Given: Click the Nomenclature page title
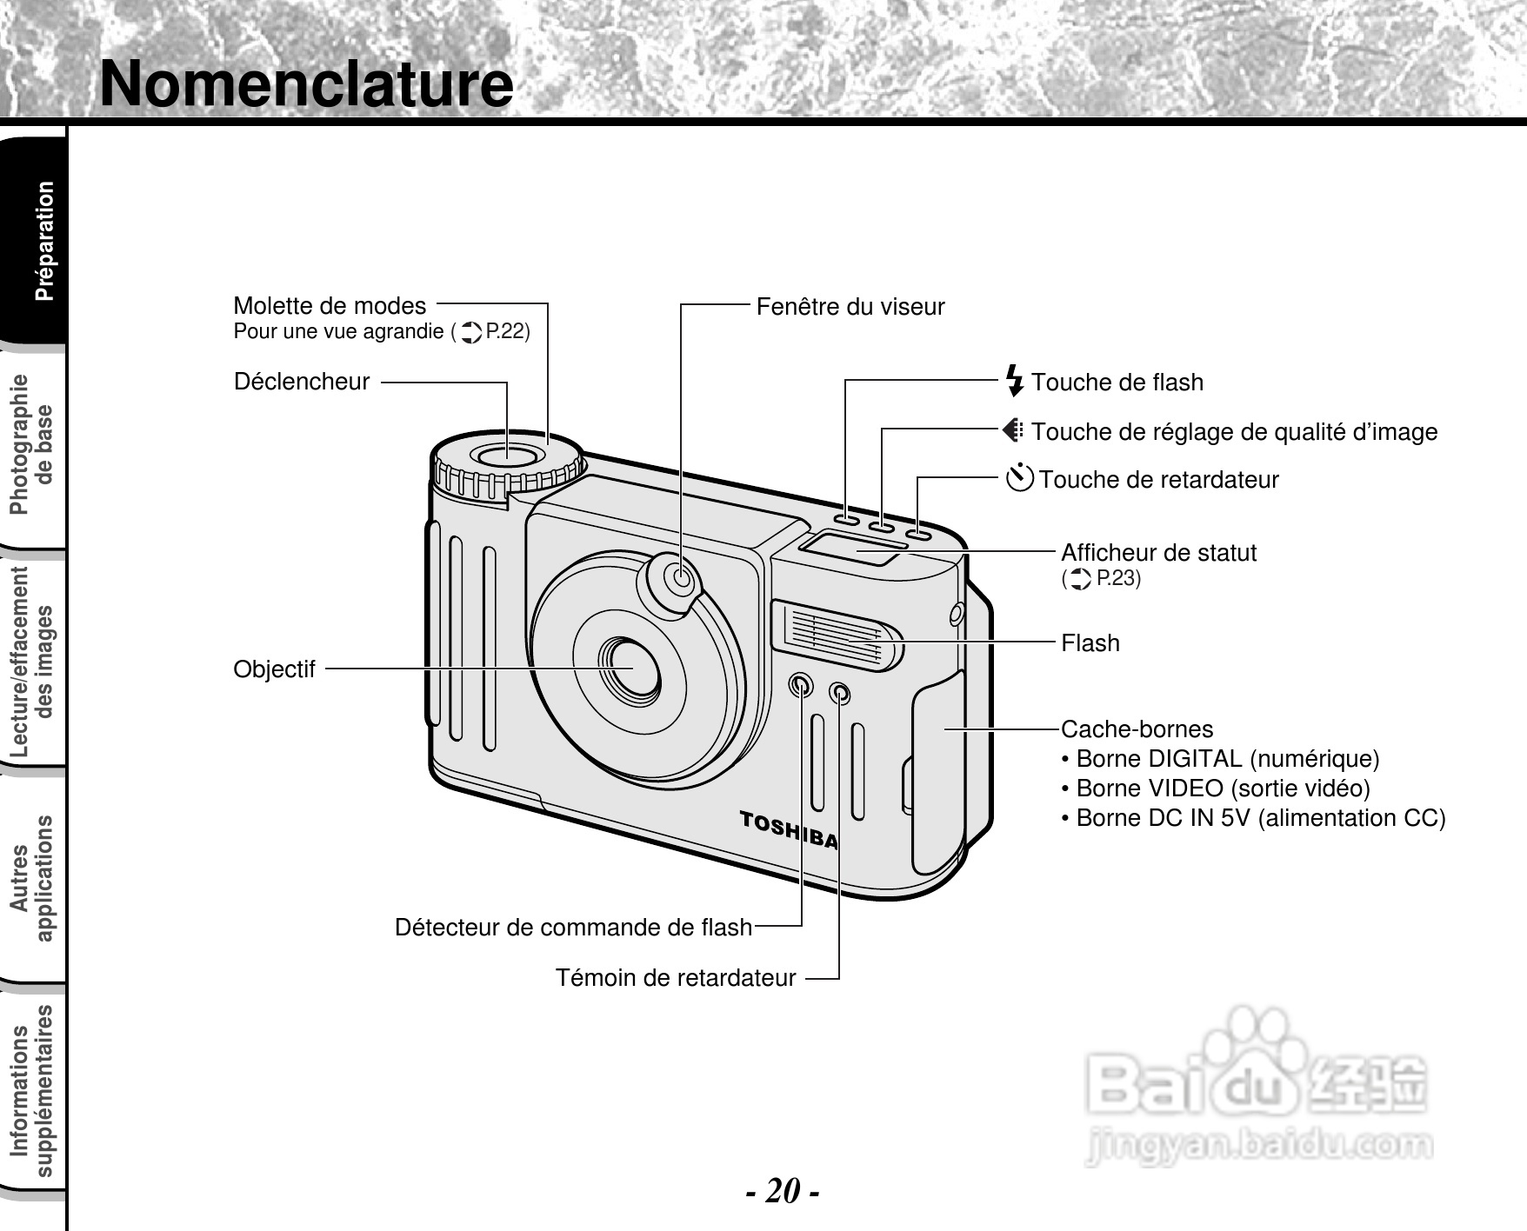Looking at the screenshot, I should (306, 83).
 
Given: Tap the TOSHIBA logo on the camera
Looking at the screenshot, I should (789, 828).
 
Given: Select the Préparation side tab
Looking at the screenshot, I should (43, 241).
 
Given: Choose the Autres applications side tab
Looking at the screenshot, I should (33, 878).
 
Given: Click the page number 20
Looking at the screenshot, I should (783, 1190).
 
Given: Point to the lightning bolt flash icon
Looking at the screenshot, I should (1014, 381).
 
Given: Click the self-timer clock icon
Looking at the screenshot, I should (1019, 478).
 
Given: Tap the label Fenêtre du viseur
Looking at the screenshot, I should (850, 307).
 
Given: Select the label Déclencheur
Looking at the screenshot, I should (302, 382).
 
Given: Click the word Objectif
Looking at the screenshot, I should (274, 669).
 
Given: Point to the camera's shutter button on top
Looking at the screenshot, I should (507, 455).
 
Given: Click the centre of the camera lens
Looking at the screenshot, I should (625, 667).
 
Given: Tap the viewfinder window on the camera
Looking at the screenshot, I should (682, 577).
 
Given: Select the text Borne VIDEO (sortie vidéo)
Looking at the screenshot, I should (1223, 789).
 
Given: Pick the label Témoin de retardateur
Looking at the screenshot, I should (676, 978).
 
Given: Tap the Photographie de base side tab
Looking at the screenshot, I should (33, 444).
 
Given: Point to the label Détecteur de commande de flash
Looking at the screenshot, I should (573, 928).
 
